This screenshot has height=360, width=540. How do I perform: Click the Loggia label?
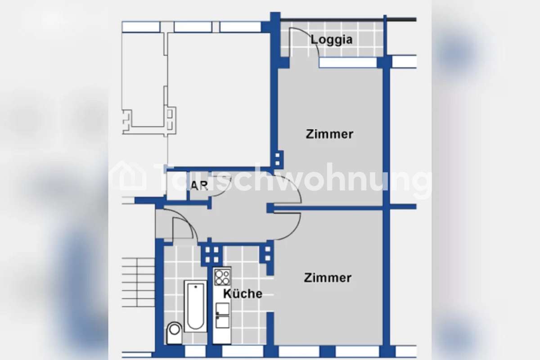[332, 40]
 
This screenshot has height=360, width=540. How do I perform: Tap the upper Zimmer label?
[329, 134]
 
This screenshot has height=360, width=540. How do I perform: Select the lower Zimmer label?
[328, 278]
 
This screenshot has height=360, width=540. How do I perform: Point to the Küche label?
[243, 293]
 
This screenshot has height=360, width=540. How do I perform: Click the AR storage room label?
[199, 185]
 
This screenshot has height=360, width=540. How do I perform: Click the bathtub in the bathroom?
[195, 306]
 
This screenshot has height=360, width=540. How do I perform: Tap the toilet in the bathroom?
[174, 333]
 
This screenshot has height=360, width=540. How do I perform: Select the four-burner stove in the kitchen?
[222, 278]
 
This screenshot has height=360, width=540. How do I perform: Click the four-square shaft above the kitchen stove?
[212, 255]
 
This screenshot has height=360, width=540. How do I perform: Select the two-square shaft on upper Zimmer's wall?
[277, 159]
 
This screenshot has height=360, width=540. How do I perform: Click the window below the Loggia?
[348, 63]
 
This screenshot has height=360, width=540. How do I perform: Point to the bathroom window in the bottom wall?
[195, 351]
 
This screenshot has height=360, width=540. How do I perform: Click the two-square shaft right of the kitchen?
[268, 254]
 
